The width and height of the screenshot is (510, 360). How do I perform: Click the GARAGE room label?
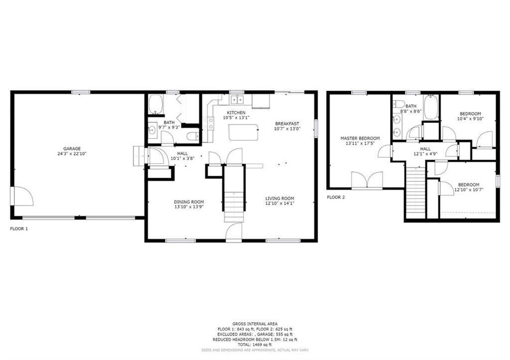coord(72,148)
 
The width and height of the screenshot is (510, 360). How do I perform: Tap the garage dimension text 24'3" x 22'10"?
coord(72,154)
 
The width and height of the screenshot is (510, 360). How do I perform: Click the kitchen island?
coord(244,132)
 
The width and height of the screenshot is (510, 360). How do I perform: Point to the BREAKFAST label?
coord(287,123)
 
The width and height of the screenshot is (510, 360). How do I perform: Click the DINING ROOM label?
coord(189,202)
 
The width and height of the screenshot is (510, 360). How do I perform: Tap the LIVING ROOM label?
coord(280,198)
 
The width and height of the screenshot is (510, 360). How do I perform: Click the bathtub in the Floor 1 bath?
coord(156,104)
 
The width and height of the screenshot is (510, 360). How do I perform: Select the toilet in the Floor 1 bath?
coord(193,136)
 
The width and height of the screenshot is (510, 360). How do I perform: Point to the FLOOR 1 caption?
coord(19,229)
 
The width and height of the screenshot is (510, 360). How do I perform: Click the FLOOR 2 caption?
coord(336,197)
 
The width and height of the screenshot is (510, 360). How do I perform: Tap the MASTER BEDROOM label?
coord(360,138)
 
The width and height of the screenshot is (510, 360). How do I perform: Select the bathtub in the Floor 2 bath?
coord(431,107)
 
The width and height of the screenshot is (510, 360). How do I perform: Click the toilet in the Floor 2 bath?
coord(399,104)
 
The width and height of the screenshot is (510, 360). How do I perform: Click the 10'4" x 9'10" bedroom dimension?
coord(470,119)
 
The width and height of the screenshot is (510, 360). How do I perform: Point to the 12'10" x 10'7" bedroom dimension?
coord(469,190)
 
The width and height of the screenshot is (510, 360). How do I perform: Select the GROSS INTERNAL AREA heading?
coord(255,324)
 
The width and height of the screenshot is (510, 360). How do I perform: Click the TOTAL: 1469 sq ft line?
coord(255,345)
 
